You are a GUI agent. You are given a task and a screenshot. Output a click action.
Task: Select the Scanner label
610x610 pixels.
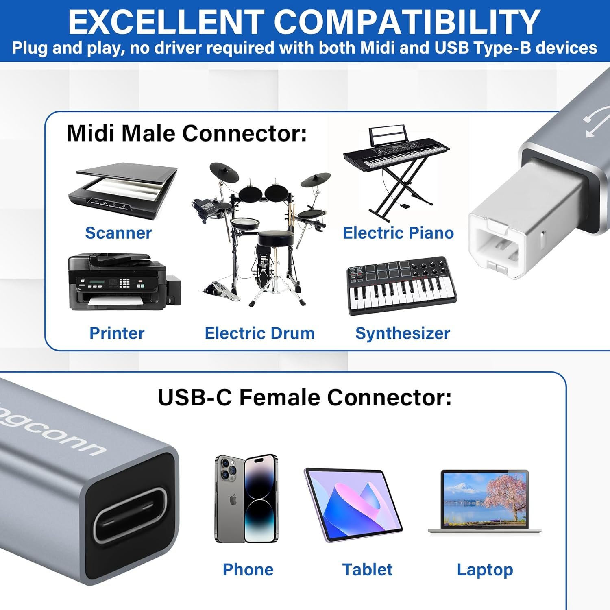(118, 233)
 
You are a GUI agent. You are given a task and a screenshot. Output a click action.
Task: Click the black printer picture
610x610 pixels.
(122, 281)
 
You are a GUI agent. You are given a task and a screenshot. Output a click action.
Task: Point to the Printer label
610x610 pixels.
(117, 333)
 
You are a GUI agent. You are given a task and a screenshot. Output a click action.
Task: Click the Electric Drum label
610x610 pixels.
(259, 333)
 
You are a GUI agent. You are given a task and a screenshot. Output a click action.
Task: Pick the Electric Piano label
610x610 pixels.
(398, 233)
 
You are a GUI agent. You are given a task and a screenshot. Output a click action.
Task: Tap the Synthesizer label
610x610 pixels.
(403, 333)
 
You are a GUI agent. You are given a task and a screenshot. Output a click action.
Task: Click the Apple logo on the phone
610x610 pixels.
(233, 500)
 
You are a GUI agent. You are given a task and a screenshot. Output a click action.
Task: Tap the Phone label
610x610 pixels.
(248, 569)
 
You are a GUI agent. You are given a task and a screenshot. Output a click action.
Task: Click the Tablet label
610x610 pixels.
(367, 569)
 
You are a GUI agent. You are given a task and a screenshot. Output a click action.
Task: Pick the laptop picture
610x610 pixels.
(485, 502)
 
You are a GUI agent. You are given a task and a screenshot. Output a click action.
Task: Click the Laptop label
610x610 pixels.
(485, 569)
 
